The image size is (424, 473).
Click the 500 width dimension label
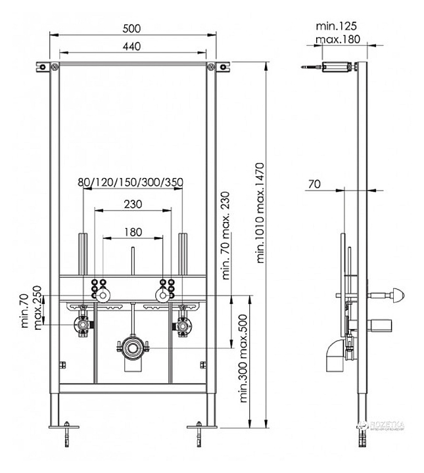coord(131,28)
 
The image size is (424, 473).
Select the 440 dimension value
coord(131,46)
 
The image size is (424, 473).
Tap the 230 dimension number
coord(133,204)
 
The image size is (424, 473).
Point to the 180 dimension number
coord(133,232)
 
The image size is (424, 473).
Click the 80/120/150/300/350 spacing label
coord(130,182)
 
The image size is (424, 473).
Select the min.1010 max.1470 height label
coord(260,213)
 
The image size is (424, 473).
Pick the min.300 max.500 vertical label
coord(243,359)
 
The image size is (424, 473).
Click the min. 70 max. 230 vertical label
coord(225,236)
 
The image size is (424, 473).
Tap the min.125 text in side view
coord(336,26)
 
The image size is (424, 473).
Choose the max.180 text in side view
coord(338,39)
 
